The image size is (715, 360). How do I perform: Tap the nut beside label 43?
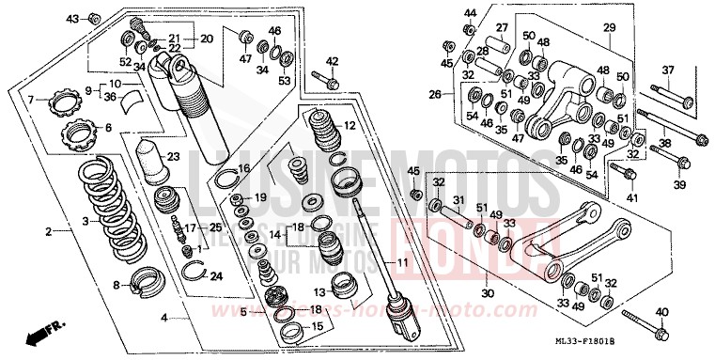coord(94,18)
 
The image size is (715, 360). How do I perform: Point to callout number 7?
coord(30,100)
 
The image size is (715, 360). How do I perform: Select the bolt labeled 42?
coord(332,83)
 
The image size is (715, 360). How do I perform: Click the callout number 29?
coord(609,28)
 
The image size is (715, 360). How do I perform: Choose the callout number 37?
coord(669,70)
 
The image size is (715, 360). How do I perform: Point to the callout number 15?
coord(317,325)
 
